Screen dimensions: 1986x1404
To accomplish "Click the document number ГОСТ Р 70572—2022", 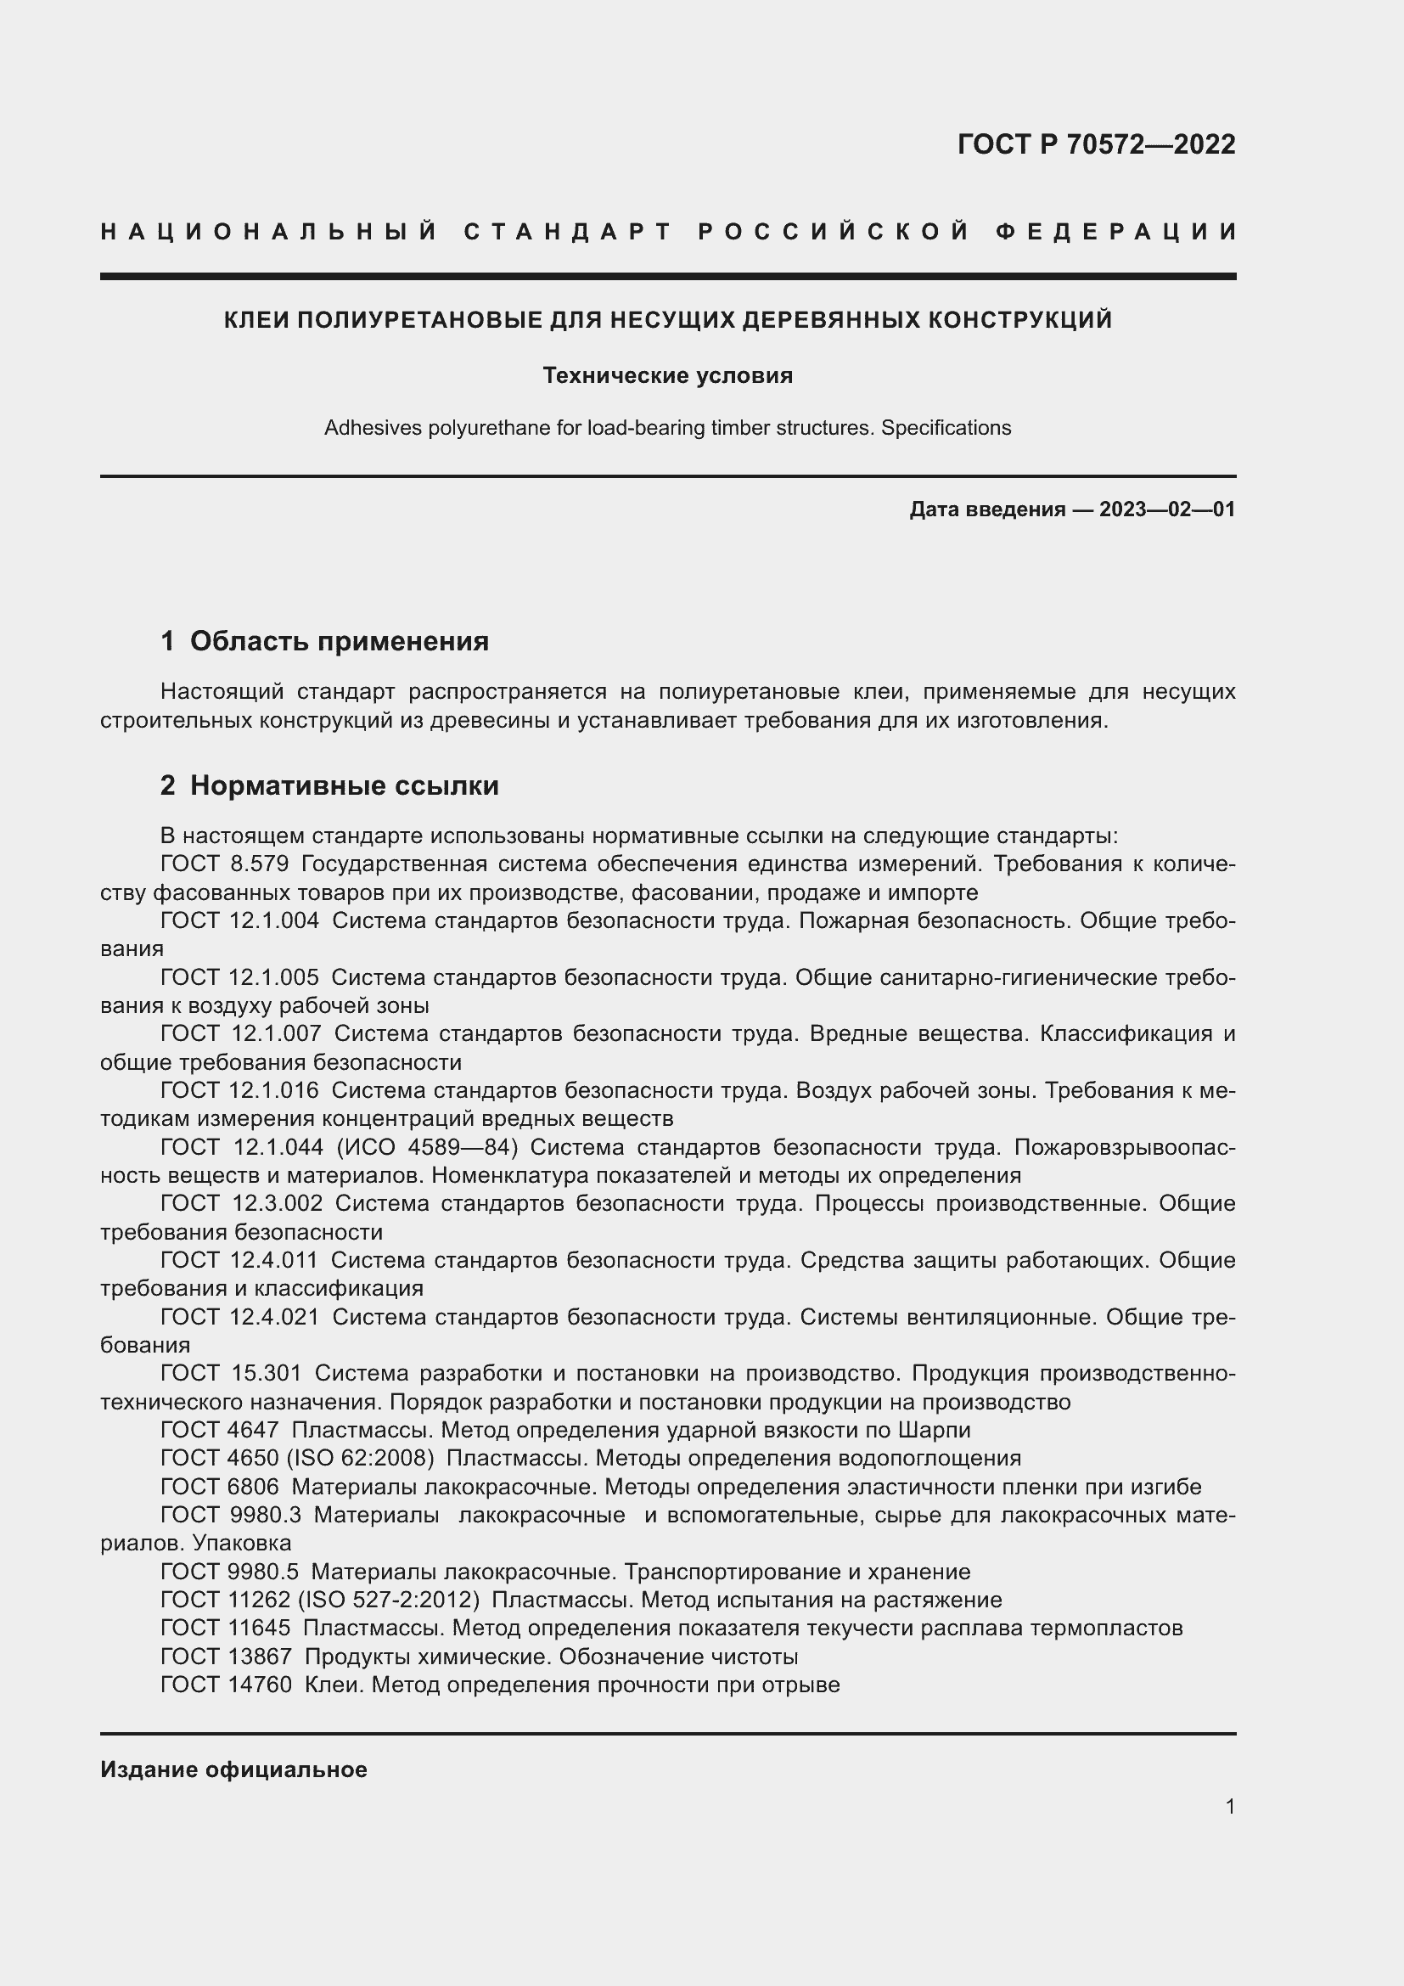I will coord(1095,144).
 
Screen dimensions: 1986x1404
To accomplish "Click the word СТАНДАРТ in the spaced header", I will coord(567,232).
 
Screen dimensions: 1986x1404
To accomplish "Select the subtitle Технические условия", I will coord(667,375).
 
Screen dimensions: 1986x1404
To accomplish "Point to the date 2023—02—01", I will coord(1166,509).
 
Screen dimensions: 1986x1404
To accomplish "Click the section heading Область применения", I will coord(339,641).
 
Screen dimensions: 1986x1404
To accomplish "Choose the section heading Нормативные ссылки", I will coord(344,785).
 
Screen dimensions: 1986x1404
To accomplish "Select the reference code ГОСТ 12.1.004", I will coord(239,920).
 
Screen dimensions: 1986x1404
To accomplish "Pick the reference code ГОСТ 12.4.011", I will coord(239,1260).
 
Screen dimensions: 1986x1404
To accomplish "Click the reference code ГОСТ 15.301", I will coord(231,1374).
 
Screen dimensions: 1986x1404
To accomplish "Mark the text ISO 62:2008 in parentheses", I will coord(360,1459).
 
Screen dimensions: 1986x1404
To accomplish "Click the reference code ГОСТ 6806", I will coord(220,1487).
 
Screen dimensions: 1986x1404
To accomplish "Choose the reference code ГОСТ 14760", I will coord(226,1684).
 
